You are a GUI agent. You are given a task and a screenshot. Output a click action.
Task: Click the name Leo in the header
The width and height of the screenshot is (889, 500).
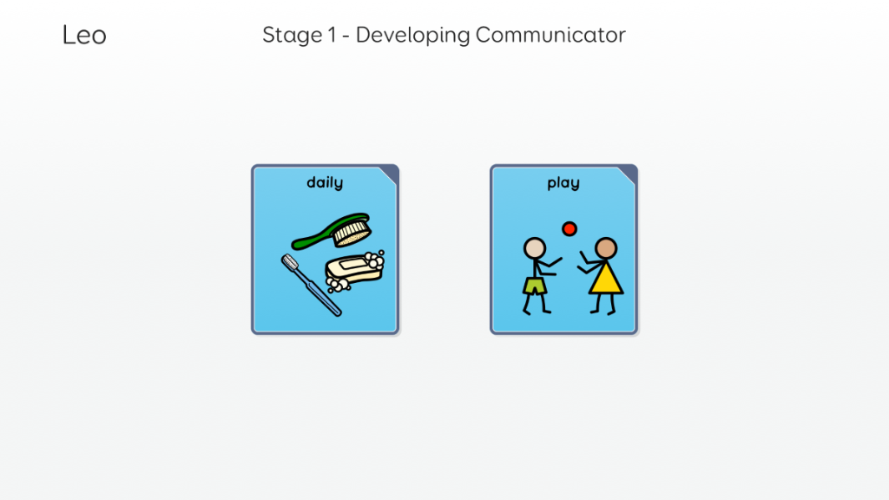click(84, 35)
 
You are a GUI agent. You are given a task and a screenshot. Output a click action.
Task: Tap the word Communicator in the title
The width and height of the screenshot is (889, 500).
click(550, 35)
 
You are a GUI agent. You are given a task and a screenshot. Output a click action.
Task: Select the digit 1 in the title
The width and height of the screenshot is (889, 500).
click(333, 35)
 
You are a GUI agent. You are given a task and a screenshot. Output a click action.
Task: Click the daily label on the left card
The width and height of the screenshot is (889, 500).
click(325, 182)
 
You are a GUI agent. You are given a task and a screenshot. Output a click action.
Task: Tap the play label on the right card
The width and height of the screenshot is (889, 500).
click(563, 183)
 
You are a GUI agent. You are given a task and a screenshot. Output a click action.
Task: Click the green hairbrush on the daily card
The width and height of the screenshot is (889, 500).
click(332, 231)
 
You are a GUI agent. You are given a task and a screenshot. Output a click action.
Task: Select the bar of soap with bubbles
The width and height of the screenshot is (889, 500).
click(354, 272)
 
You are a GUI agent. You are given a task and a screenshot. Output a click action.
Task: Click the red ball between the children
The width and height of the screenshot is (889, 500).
click(570, 228)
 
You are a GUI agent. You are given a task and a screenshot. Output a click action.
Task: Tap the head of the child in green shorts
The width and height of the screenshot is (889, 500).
click(535, 248)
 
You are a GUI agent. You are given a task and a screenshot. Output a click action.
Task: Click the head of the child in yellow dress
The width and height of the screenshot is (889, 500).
click(606, 248)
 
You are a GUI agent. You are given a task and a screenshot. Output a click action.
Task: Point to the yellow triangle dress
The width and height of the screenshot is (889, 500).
click(606, 280)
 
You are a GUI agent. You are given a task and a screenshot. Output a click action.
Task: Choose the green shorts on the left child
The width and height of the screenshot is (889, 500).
click(535, 286)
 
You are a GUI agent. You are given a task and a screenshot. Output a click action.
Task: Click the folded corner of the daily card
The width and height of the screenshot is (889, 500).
click(390, 174)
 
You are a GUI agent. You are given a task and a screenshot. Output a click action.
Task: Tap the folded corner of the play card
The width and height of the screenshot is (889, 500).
click(629, 174)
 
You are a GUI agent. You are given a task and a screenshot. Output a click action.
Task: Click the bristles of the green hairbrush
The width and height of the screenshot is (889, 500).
click(352, 233)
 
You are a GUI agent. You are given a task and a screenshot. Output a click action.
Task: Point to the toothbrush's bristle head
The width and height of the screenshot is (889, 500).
click(290, 262)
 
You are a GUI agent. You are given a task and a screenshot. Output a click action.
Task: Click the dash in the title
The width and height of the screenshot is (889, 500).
click(346, 36)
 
